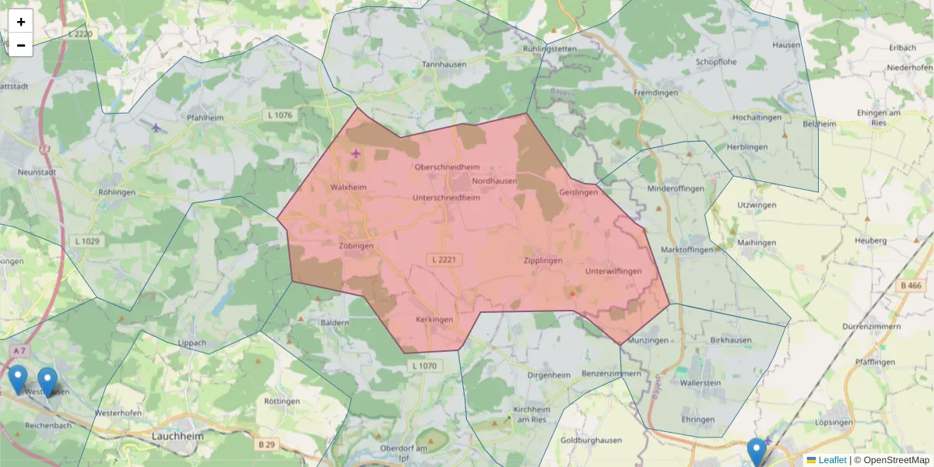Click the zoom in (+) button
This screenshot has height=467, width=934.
click(x=21, y=22)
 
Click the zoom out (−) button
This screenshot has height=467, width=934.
click(x=21, y=45)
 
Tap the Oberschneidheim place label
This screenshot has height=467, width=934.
click(x=448, y=167)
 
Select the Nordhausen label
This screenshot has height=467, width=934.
click(x=494, y=181)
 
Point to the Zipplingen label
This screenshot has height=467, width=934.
click(x=542, y=261)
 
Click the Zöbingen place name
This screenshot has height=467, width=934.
click(x=356, y=246)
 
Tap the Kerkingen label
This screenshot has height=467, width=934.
click(x=434, y=320)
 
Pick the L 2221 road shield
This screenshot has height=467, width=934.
click(x=446, y=258)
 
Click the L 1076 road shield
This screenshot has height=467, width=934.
click(x=279, y=115)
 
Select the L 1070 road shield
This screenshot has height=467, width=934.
click(x=424, y=366)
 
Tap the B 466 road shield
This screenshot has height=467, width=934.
click(x=911, y=286)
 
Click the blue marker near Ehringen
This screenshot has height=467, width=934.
click(x=756, y=451)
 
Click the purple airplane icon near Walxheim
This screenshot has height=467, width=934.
click(x=356, y=153)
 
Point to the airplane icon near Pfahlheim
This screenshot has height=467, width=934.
click(x=156, y=128)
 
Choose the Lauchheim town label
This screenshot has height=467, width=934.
click(x=178, y=437)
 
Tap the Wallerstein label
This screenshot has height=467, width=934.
click(x=700, y=384)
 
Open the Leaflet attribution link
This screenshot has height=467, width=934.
click(x=832, y=460)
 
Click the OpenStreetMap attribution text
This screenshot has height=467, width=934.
click(x=895, y=460)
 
